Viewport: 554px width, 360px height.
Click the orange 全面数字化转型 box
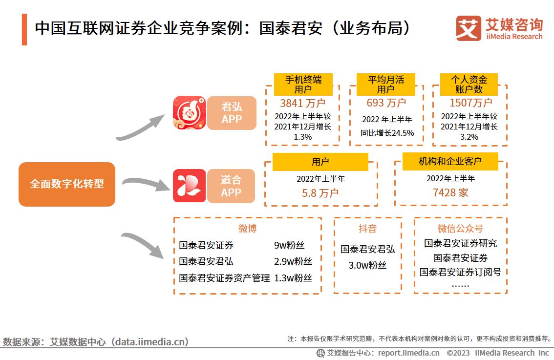point(67,184)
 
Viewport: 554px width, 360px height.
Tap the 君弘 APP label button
point(232,113)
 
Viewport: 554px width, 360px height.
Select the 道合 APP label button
point(231,186)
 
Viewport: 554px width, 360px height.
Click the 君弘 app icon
point(190,113)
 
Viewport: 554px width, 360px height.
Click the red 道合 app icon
point(189,186)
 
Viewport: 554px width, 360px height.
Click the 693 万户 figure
point(386,103)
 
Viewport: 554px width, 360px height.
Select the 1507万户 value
point(470,103)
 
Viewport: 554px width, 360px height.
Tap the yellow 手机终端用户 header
point(303,85)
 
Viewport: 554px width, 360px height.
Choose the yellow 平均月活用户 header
point(386,85)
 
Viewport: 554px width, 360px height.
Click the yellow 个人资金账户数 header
point(469,85)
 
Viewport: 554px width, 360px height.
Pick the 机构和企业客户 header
point(450,161)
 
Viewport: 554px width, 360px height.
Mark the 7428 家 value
point(450,192)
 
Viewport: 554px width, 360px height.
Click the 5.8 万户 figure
point(320,193)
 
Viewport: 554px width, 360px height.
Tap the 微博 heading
point(247,229)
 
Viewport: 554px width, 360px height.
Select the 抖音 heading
point(367,229)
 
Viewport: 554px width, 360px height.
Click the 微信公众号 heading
point(460,229)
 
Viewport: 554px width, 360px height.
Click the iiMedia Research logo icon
point(468,29)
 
